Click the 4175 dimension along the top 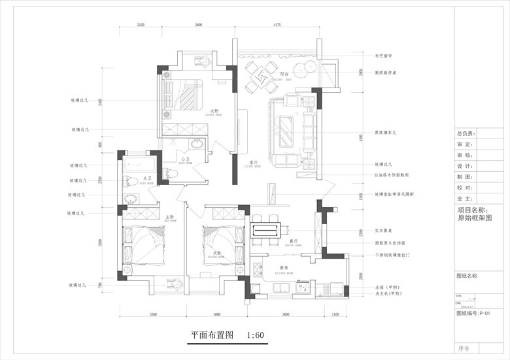[277, 25]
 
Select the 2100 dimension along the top [141, 25]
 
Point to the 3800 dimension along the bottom [286, 315]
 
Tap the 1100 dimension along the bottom [335, 315]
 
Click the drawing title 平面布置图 [212, 336]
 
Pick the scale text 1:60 [256, 336]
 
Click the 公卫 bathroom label [186, 159]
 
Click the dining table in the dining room [267, 229]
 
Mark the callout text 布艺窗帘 [382, 56]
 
